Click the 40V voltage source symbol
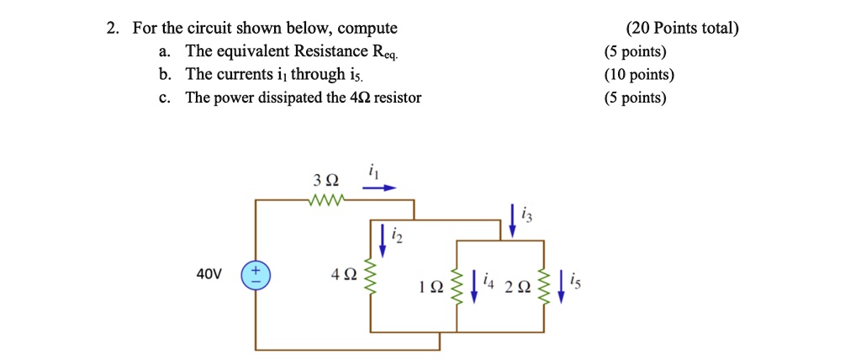click(x=255, y=275)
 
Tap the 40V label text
click(x=209, y=275)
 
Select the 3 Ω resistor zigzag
click(x=325, y=200)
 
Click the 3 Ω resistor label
click(x=325, y=181)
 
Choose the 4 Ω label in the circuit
click(x=345, y=275)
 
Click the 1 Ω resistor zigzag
click(x=457, y=287)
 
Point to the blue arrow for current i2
click(x=383, y=239)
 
